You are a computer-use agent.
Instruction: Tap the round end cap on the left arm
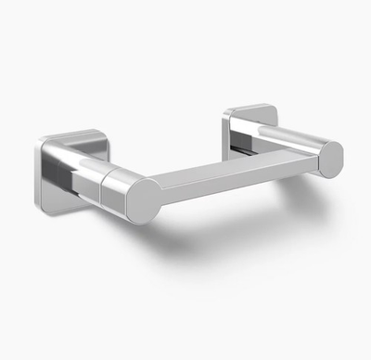pos(143,199)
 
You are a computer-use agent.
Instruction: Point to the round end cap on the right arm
pos(329,159)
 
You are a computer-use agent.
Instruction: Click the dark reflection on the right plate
pos(243,146)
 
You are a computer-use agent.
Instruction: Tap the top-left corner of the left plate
pos(43,142)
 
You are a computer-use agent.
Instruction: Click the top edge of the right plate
pos(250,108)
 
